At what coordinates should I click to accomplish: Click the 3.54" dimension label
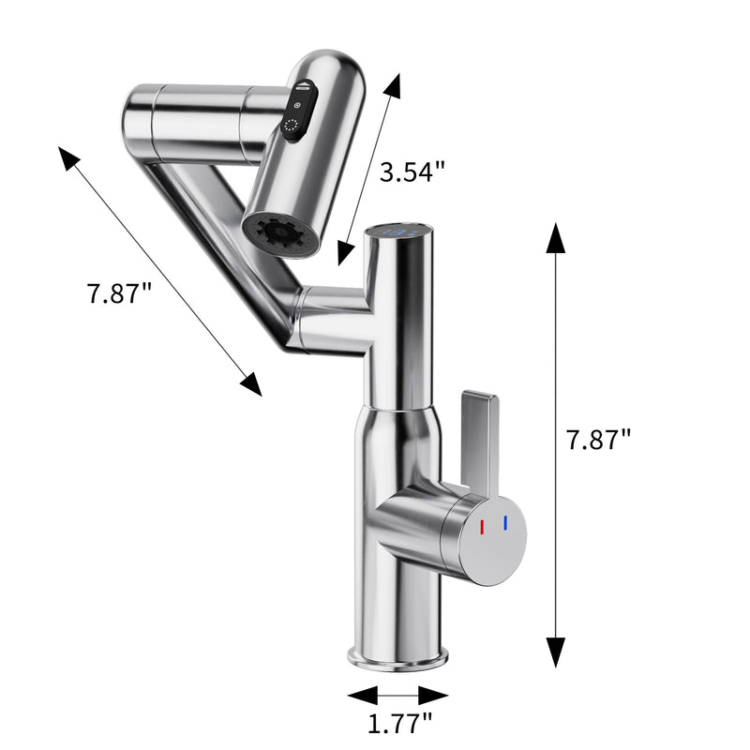tap(412, 172)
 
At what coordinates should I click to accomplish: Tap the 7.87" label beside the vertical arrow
tap(599, 440)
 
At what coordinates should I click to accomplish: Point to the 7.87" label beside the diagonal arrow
tap(119, 292)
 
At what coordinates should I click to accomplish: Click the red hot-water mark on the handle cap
tap(482, 527)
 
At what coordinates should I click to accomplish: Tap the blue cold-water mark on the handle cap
tap(504, 522)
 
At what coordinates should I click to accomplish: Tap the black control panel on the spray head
tap(298, 111)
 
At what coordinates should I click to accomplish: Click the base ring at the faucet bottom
tap(397, 656)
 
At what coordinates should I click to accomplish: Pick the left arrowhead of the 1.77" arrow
tap(361, 695)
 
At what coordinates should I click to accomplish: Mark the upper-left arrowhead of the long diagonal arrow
tap(70, 158)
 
